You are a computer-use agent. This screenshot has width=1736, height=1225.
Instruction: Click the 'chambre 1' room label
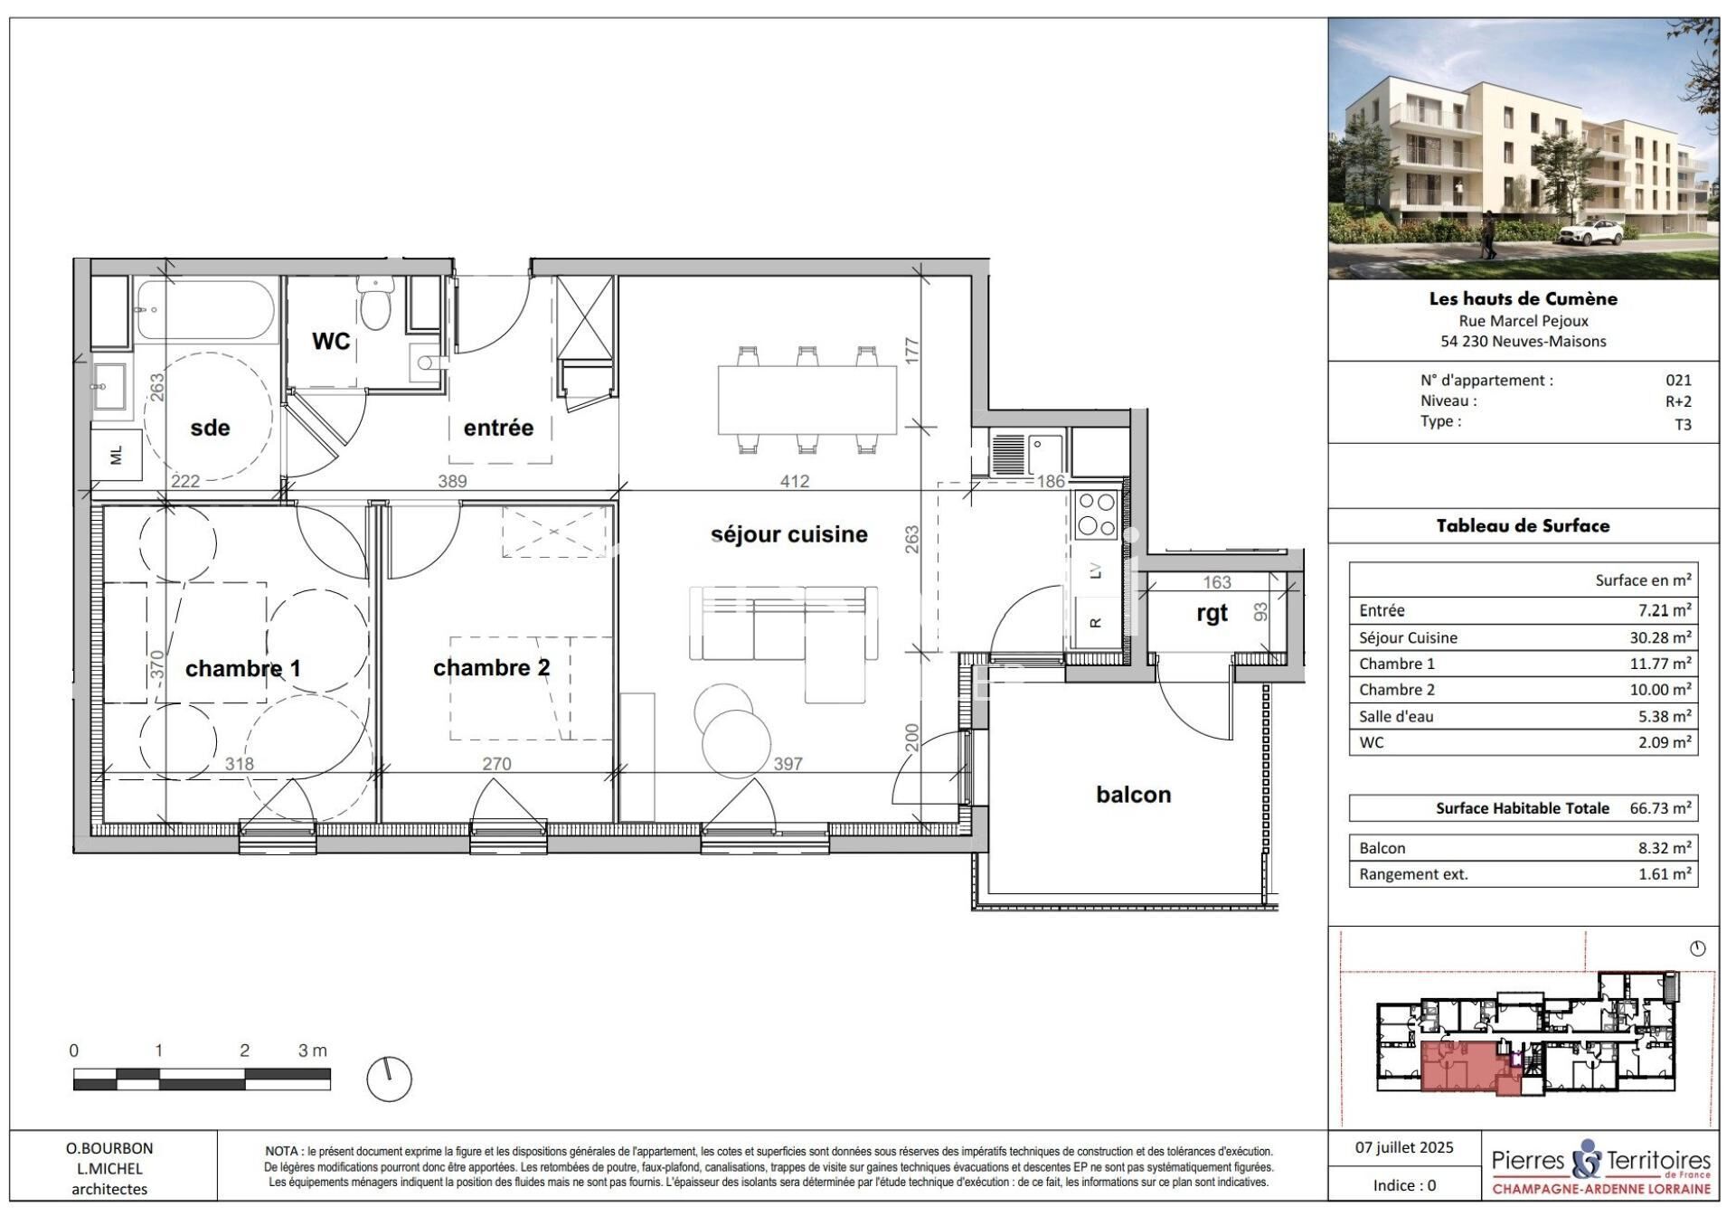[242, 668]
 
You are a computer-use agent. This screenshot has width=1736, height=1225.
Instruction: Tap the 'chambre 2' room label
[491, 667]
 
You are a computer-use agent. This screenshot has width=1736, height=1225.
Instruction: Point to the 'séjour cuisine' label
[788, 534]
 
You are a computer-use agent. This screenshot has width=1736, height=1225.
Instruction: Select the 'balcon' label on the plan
[1133, 795]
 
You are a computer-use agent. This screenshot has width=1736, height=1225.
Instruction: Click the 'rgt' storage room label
[1212, 614]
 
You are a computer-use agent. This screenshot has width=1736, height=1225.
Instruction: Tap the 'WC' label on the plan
[331, 341]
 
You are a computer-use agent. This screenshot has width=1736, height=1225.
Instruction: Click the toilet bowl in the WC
[373, 302]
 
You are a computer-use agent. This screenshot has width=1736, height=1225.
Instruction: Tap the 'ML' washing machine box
[116, 457]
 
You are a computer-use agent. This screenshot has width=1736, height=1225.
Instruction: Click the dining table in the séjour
[807, 400]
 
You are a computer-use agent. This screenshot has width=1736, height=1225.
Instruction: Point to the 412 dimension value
[795, 482]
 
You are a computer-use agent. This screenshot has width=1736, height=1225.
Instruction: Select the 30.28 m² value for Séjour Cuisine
[1660, 637]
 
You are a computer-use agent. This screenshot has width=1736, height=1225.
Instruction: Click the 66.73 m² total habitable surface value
[1660, 808]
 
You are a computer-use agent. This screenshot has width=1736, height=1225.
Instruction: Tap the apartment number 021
[1678, 381]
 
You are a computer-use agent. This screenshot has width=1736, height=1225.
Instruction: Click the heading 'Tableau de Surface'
[1523, 526]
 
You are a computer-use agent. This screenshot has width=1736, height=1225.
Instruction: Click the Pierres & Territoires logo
[1601, 1166]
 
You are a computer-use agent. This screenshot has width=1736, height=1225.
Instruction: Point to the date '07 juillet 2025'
[1404, 1147]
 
